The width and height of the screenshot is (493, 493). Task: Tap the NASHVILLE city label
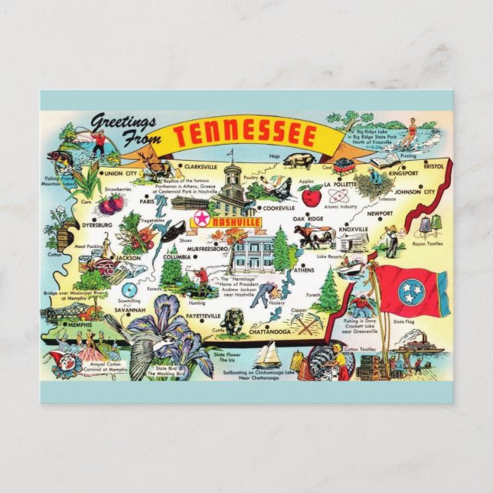tap(236, 221)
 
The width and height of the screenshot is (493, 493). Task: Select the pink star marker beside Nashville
tap(201, 220)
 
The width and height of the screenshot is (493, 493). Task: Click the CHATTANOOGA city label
tap(269, 333)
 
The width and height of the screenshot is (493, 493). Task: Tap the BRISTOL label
tap(433, 165)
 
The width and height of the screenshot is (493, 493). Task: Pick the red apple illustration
tap(311, 197)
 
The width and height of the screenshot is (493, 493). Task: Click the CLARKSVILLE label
tap(201, 166)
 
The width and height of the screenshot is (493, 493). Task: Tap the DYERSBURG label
tap(97, 225)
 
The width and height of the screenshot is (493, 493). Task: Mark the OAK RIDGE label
tap(309, 218)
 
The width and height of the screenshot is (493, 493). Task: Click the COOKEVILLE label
tap(278, 207)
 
